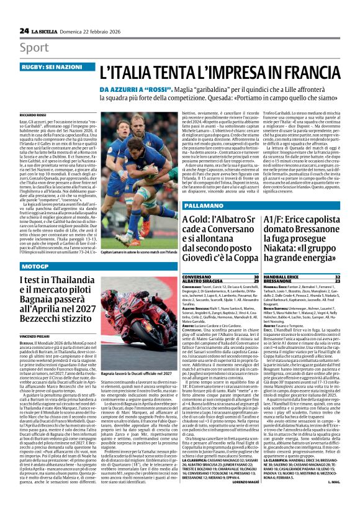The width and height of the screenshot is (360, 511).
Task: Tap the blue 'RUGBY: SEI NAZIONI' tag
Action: point(47,66)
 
